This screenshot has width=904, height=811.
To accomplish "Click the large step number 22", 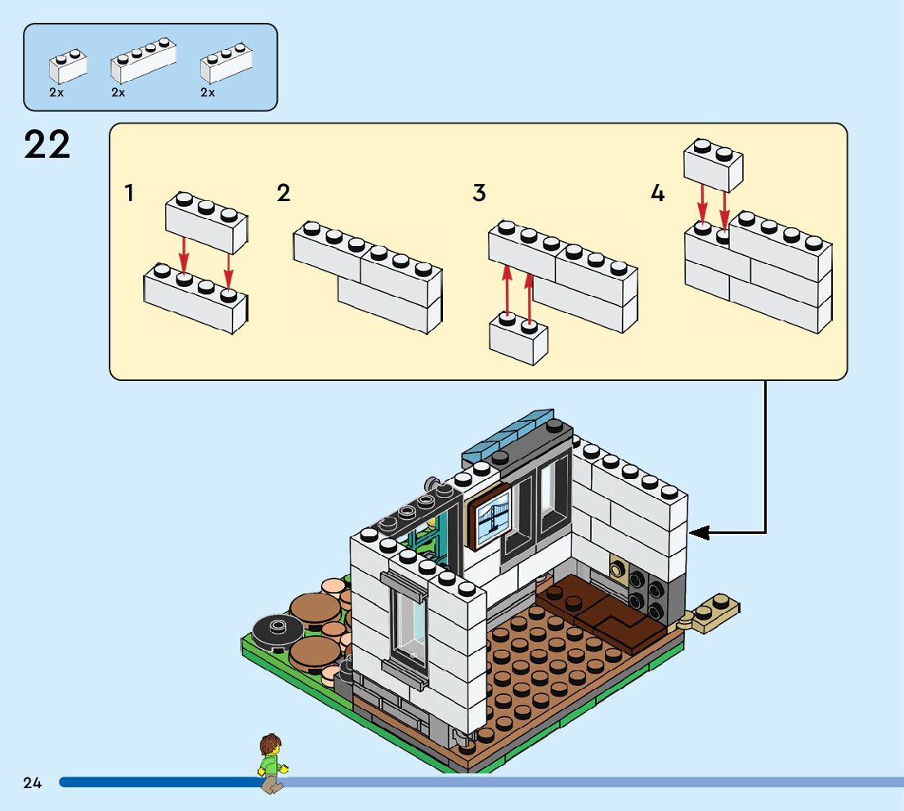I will click(x=47, y=146).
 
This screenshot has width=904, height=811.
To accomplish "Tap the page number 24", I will click(x=32, y=783).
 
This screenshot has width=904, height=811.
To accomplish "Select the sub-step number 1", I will click(x=129, y=194).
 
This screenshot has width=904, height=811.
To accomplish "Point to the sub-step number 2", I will click(x=284, y=194).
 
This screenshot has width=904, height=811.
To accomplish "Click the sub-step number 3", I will click(x=479, y=194).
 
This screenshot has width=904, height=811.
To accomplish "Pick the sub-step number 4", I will click(x=658, y=194).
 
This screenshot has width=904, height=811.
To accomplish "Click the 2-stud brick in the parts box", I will click(x=68, y=67).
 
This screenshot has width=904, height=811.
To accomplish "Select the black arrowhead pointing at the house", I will click(x=699, y=533).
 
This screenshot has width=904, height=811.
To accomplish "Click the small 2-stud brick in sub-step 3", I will click(x=518, y=339).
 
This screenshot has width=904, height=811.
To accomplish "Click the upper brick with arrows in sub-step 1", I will click(x=207, y=223).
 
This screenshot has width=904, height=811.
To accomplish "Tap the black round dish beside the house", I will click(x=277, y=630).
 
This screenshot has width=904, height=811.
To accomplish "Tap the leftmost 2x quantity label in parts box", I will click(x=56, y=93).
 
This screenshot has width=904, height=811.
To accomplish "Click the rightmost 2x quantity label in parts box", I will click(x=208, y=93).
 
